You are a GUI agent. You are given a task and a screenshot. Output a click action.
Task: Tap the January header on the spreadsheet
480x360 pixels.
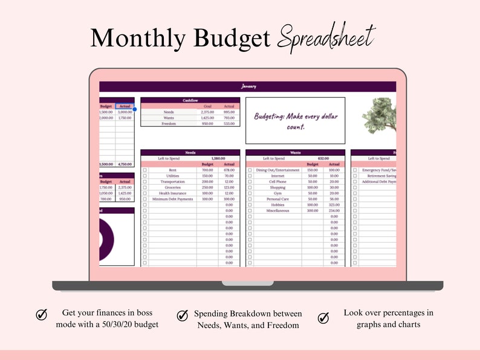click(248, 86)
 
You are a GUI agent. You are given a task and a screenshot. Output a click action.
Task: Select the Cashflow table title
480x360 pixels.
click(190, 100)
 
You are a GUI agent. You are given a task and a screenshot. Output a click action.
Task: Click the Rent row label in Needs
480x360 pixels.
click(172, 170)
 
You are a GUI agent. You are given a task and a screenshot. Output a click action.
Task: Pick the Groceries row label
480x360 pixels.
click(172, 187)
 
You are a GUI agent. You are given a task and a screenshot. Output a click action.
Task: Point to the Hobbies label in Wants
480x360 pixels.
click(277, 205)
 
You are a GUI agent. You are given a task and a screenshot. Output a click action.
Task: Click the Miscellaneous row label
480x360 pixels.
click(277, 211)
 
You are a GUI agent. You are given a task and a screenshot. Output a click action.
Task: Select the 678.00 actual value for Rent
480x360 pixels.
click(227, 170)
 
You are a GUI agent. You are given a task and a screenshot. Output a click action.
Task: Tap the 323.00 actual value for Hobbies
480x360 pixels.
click(334, 205)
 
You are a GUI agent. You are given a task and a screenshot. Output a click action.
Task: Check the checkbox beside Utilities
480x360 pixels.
click(144, 176)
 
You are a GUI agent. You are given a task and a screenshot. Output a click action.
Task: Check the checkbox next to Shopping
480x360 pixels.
click(250, 187)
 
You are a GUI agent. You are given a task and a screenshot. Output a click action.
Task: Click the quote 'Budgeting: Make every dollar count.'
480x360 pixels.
click(295, 121)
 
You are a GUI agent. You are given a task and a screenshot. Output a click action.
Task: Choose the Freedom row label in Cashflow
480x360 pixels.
click(169, 124)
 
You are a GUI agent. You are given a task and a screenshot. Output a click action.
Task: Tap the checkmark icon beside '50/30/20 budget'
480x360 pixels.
click(42, 315)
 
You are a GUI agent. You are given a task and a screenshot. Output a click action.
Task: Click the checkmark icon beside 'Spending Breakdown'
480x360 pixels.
click(182, 315)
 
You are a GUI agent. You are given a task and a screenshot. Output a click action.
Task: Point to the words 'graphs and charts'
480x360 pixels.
click(388, 324)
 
